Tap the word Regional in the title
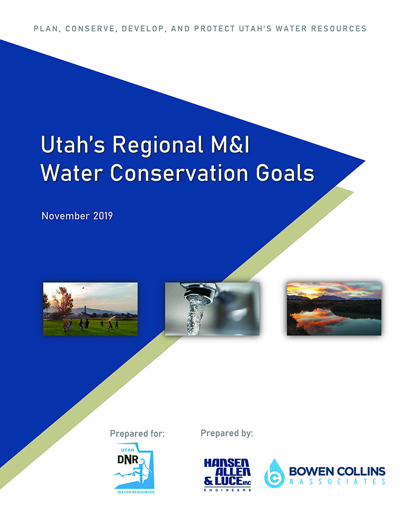(x=158, y=145)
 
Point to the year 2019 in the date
(x=103, y=216)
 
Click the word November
(x=65, y=216)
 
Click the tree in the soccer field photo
(x=62, y=301)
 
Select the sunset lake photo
(x=334, y=309)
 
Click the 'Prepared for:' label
(x=137, y=433)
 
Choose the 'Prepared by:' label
(x=227, y=433)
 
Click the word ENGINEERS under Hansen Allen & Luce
(x=228, y=490)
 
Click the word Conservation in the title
(x=179, y=173)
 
